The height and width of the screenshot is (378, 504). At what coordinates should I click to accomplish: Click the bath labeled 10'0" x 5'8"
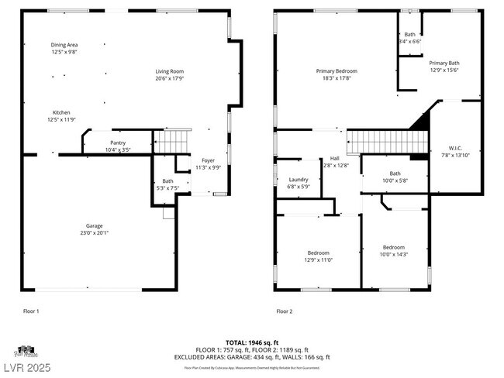(395, 177)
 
